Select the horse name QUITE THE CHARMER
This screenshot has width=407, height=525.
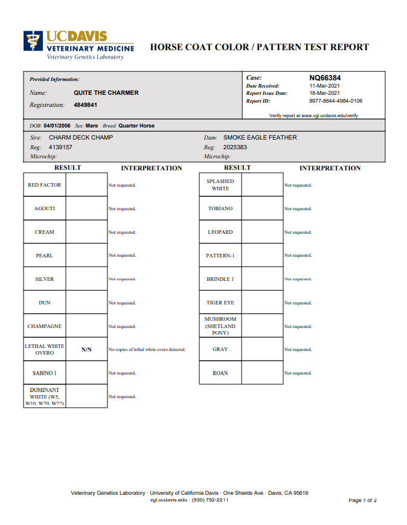coord(106,93)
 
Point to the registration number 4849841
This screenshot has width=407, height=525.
coord(85,105)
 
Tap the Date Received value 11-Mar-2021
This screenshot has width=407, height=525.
coord(325,86)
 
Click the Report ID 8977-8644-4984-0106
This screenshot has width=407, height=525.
coord(336,101)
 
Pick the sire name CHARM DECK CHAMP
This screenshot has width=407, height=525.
coord(81,138)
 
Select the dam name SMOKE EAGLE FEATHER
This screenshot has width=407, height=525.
coord(260,138)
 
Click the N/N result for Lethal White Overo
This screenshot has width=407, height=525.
coord(86,350)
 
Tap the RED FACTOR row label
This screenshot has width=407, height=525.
coord(45,185)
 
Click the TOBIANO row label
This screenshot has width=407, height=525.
coord(220,208)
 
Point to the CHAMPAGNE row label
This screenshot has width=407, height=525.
coord(45,326)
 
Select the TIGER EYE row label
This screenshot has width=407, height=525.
coord(220,303)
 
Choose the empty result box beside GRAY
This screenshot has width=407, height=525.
coord(262,349)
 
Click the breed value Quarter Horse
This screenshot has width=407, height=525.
coord(136,126)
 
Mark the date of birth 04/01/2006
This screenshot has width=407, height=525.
coord(57,126)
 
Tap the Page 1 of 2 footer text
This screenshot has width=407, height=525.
coord(362,500)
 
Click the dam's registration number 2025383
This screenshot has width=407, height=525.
coord(235,147)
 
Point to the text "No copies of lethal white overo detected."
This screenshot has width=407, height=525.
coord(147,350)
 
